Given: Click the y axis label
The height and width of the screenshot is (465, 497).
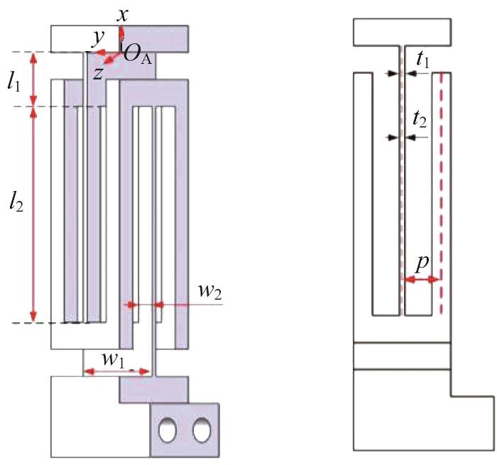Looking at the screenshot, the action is click(x=98, y=38).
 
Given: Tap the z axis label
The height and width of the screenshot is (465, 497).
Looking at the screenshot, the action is click(x=98, y=74).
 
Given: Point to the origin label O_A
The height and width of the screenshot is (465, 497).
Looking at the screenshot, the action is click(x=138, y=55).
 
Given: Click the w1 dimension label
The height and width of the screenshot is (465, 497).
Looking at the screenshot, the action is click(x=112, y=359).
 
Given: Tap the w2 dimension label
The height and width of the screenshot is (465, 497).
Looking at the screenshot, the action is click(x=209, y=291).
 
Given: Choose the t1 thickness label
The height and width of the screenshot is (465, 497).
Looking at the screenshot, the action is click(x=423, y=60).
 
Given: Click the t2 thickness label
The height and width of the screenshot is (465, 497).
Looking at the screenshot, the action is click(x=420, y=120).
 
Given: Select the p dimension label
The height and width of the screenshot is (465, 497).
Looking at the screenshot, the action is click(x=422, y=263).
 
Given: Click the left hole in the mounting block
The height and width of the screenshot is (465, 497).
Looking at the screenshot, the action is click(x=168, y=430).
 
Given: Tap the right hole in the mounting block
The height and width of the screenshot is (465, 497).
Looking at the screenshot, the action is click(x=202, y=430).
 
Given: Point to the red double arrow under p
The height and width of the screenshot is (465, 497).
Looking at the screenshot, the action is click(x=420, y=280).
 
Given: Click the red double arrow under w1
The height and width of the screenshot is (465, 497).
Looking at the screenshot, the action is click(x=117, y=371).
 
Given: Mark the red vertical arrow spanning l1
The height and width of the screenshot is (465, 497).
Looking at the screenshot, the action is click(x=33, y=79).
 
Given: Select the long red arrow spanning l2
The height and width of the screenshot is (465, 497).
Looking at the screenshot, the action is click(x=33, y=214).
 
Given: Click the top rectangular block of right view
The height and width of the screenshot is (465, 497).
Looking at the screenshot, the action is click(x=402, y=32).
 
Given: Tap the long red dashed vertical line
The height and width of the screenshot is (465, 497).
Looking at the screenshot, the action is click(x=441, y=193).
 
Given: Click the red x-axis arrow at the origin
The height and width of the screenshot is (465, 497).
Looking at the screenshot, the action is click(x=121, y=39).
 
